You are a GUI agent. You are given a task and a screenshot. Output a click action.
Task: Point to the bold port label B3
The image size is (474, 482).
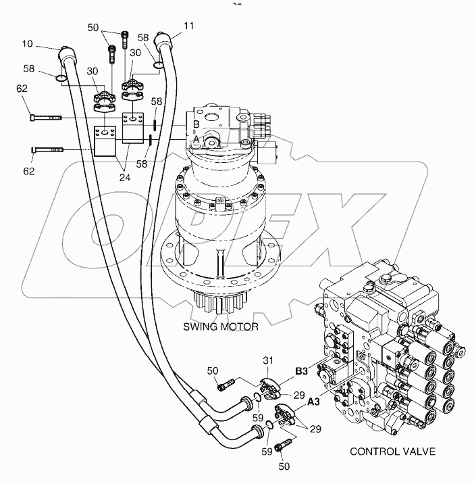pyautogui.click(x=302, y=370)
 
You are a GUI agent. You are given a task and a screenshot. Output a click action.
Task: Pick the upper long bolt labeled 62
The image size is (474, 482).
pyautogui.click(x=47, y=118)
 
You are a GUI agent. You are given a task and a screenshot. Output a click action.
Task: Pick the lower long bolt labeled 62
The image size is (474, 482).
pyautogui.click(x=47, y=149)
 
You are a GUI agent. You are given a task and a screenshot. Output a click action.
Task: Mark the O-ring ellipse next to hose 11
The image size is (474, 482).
pyautogui.click(x=157, y=66)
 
